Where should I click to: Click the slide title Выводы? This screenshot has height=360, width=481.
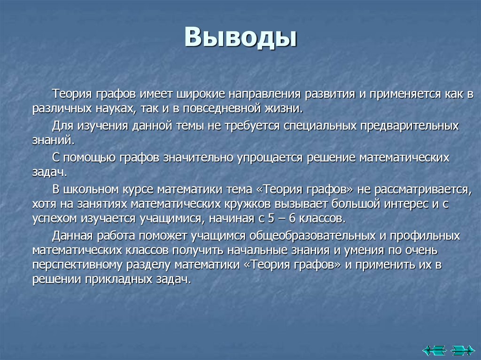pos(240,37)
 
